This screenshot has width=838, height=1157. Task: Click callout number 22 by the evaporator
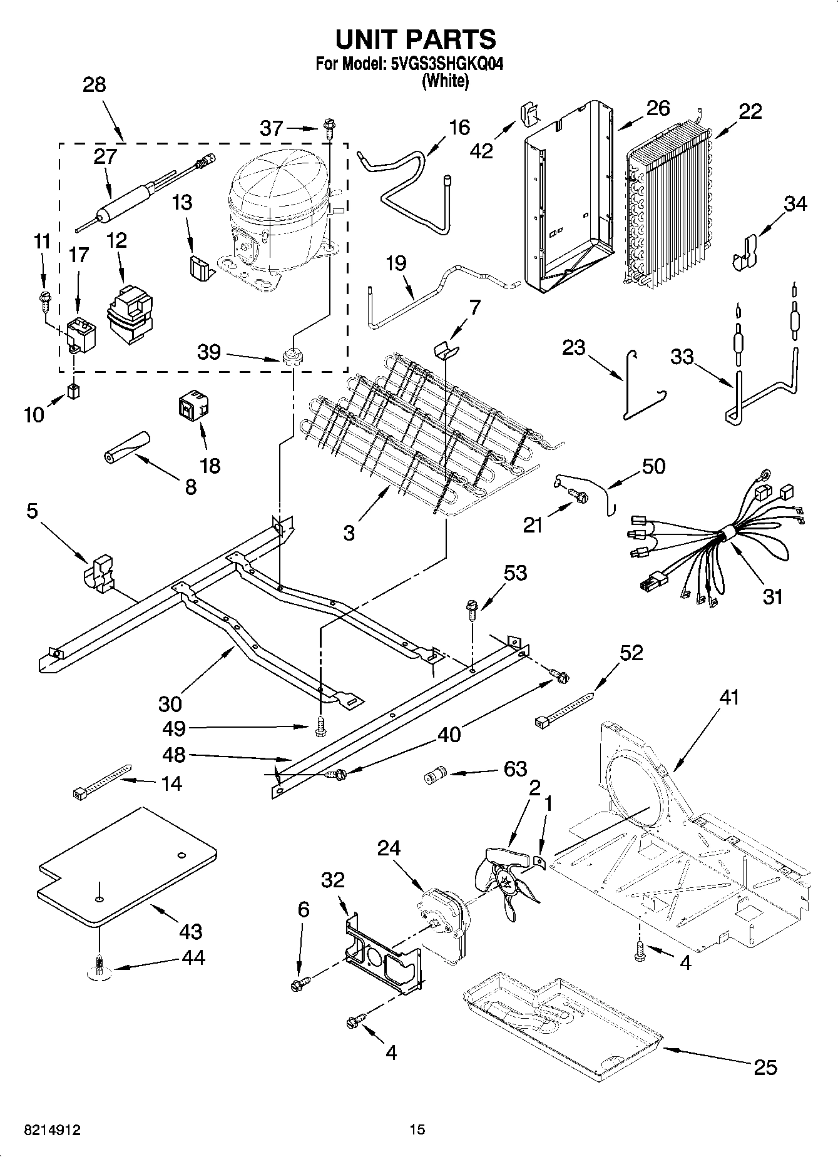[750, 111]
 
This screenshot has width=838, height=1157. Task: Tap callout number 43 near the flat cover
[190, 931]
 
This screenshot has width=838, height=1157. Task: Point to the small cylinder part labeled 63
[432, 778]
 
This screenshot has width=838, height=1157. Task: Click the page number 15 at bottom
[417, 1130]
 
